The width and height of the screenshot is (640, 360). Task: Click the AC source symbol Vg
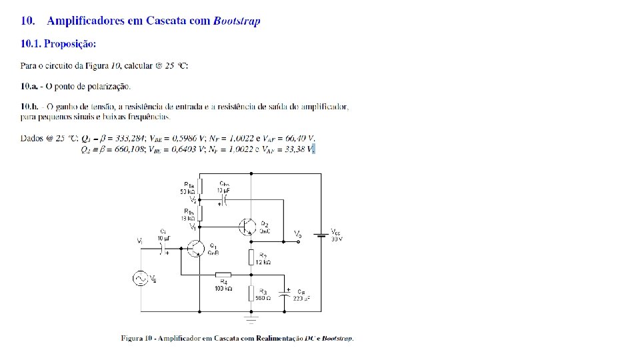click(x=141, y=278)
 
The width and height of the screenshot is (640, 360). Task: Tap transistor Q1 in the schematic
click(x=197, y=249)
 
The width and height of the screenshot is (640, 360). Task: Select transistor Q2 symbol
click(x=247, y=227)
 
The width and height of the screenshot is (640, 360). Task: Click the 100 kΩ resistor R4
click(x=223, y=274)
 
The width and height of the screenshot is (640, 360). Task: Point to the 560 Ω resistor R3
click(x=251, y=293)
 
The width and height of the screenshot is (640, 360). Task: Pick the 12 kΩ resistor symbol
click(x=251, y=257)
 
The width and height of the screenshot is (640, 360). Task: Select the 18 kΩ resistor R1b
click(x=199, y=213)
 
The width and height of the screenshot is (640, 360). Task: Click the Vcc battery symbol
click(x=321, y=234)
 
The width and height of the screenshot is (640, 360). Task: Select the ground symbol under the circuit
click(x=251, y=319)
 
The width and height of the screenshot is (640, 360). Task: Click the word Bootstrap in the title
click(x=237, y=21)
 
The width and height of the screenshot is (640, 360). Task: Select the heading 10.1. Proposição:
click(x=59, y=44)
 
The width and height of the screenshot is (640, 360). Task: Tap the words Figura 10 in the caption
click(x=139, y=338)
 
